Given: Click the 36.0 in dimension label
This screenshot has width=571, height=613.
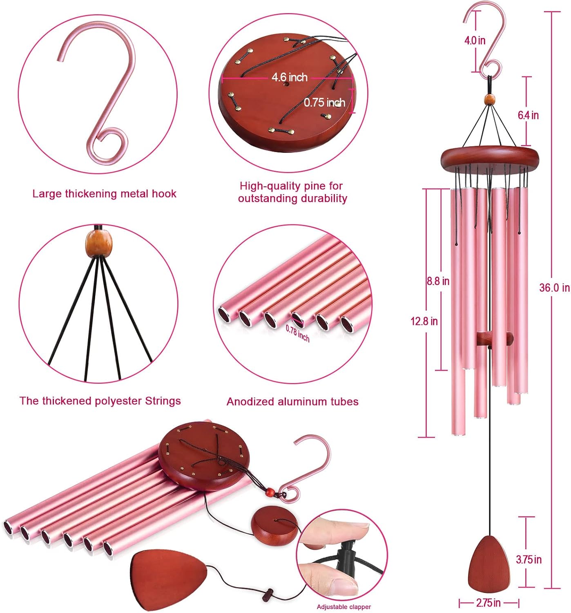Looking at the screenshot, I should tap(554, 288).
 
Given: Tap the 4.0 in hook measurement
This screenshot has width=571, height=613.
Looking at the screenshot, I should tap(475, 40).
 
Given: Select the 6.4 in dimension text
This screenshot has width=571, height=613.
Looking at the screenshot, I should tap(528, 115).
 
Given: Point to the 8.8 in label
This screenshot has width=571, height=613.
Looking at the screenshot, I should tap(438, 281).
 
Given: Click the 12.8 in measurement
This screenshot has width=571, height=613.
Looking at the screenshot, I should tap(424, 321).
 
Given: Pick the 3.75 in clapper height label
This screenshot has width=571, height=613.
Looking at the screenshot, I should tap(529, 559).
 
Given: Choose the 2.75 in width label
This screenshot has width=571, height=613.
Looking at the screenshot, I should tap(488, 603).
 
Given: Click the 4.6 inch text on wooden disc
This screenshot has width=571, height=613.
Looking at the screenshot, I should tap(290, 77).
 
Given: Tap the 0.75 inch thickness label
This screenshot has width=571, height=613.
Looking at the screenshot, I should tap(324, 102).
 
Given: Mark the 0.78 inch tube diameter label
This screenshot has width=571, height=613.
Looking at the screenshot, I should tap(297, 333).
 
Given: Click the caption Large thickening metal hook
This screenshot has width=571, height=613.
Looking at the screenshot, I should tap(104, 194).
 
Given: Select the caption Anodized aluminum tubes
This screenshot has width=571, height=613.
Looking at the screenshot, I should tap(292, 402).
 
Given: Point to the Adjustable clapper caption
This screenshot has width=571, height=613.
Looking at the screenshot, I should tap(344, 607).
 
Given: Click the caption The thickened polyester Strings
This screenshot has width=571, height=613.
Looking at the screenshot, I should tap(100, 401).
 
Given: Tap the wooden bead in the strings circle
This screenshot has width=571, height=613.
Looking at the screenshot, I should tap(99, 244).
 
